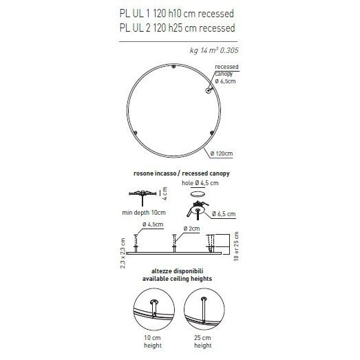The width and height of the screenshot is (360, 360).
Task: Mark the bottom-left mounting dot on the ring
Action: click(136, 131)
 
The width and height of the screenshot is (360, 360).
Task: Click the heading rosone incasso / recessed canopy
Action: click(177, 174)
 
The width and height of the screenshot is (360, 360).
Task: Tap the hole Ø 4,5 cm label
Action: click(200, 184)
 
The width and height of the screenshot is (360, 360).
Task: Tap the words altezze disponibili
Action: click(177, 272)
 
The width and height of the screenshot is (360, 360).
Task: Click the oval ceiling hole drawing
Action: click(199, 194)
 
